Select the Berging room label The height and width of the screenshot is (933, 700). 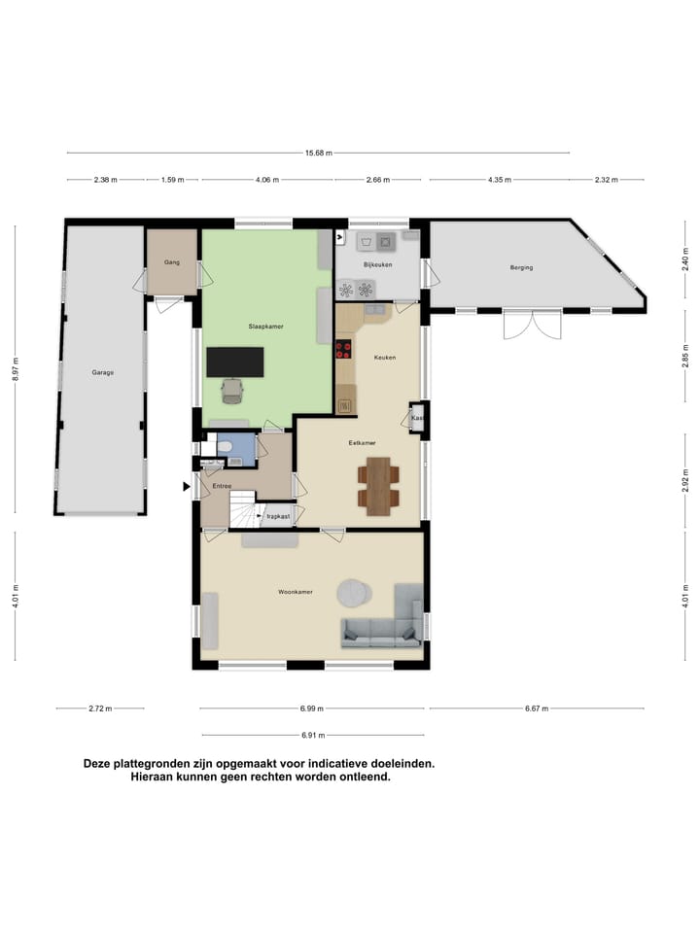coord(521,267)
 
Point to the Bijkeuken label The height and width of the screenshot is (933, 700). coord(377,264)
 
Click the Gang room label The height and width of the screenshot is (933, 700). coord(172,262)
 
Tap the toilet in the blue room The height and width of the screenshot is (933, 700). coord(226,446)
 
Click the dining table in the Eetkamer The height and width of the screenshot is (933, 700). coord(378,486)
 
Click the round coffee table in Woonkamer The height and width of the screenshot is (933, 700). coord(354,593)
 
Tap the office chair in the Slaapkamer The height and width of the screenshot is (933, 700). coord(232,391)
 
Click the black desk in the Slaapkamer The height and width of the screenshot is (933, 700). coord(234,362)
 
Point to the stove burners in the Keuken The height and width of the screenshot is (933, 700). coord(343,350)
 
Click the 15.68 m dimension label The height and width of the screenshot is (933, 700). coord(319,153)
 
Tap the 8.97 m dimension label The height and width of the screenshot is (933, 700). coord(16,369)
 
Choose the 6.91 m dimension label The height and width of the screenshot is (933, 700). coord(312,735)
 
